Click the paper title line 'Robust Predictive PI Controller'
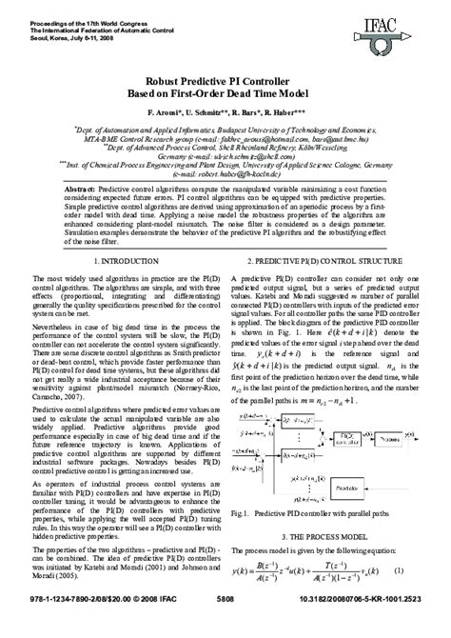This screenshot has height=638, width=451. [225, 84]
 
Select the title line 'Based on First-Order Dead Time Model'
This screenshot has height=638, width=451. [225, 97]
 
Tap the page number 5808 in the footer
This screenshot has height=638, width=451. [225, 626]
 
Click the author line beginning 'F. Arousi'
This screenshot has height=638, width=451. [225, 114]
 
